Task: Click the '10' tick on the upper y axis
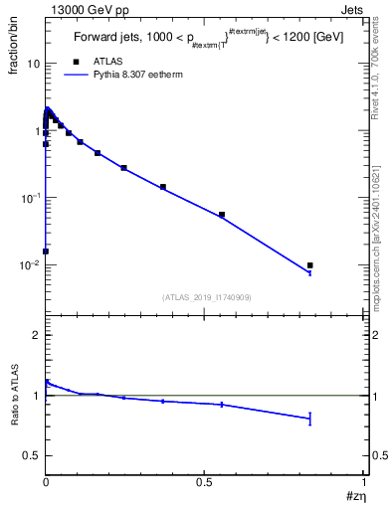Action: [x=32, y=64]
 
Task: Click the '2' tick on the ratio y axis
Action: [x=36, y=336]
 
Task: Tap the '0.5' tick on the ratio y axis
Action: [x=31, y=455]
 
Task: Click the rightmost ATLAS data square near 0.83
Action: [x=310, y=265]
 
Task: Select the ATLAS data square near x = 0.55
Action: [x=222, y=215]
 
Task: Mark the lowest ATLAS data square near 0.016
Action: [x=46, y=251]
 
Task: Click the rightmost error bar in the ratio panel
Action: [x=310, y=419]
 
